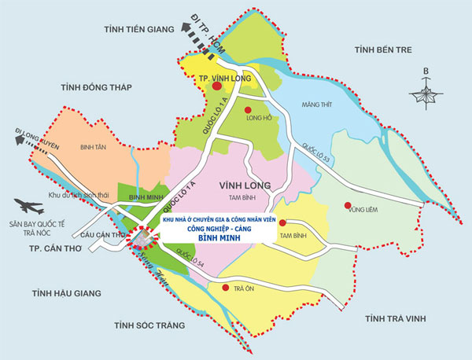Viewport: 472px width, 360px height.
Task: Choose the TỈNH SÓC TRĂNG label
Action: pos(149,325)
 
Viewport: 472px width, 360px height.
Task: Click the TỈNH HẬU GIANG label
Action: pos(67,293)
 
